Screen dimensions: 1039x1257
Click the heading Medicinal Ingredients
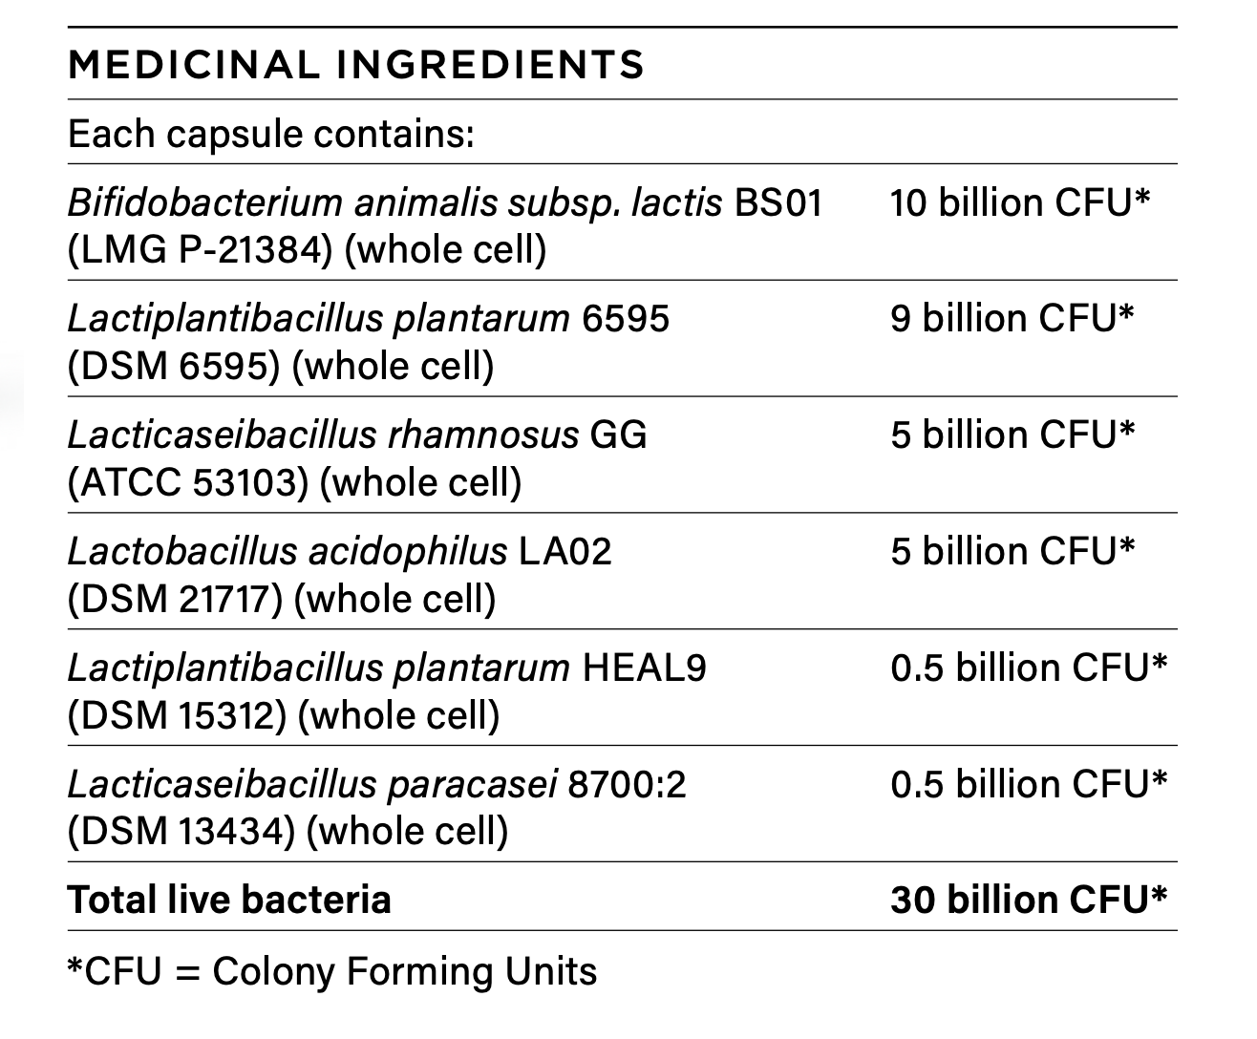point(356,65)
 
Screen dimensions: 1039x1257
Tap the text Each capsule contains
point(271,134)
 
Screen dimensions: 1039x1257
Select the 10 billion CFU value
point(1019,202)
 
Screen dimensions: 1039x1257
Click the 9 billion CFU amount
point(1012,318)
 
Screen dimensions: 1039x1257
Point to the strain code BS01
point(778,202)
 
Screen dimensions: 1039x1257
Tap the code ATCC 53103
point(189,482)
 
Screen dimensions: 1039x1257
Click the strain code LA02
point(565,551)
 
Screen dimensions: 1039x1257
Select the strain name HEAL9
point(644,668)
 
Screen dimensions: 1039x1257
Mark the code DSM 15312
point(178,715)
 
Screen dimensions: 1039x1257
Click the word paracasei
point(473,784)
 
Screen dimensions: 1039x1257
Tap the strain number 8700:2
point(627,784)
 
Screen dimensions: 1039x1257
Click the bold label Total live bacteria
point(229,900)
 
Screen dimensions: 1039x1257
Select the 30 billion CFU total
point(1028,900)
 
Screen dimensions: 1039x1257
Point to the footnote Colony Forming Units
point(404,971)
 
